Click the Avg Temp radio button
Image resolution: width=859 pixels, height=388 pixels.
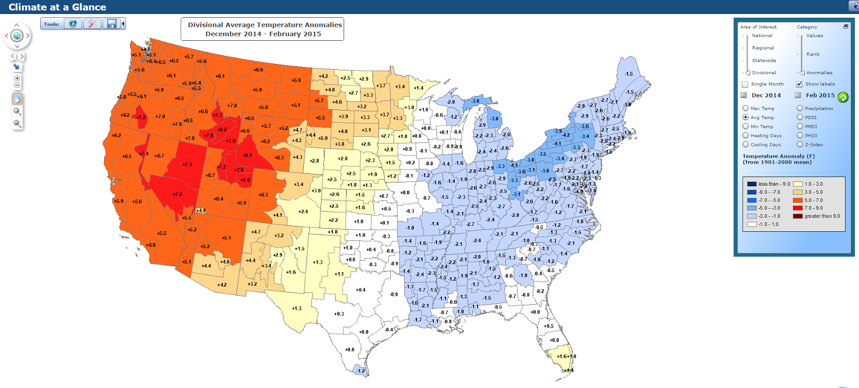click(x=746, y=117)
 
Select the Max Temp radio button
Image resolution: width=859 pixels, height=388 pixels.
click(x=746, y=108)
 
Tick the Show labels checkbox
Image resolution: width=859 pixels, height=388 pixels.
click(x=799, y=84)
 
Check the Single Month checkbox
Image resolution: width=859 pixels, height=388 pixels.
click(x=745, y=84)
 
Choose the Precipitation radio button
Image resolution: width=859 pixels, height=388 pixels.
click(x=800, y=108)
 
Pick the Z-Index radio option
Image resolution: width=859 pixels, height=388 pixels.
click(x=800, y=144)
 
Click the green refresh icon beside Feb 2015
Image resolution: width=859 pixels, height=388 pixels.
click(x=843, y=97)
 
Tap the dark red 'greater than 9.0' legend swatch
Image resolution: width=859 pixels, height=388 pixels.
click(x=798, y=216)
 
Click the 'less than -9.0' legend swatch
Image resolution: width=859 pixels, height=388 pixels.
click(x=752, y=184)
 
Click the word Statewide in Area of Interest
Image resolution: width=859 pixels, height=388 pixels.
click(x=763, y=60)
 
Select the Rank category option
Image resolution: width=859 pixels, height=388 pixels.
click(x=813, y=54)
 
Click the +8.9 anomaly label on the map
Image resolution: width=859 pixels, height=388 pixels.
click(x=245, y=180)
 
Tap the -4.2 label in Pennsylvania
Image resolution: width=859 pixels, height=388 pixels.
click(x=566, y=135)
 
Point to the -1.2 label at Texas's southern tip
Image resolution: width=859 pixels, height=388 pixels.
click(x=360, y=370)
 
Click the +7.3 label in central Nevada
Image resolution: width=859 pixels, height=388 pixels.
click(x=187, y=164)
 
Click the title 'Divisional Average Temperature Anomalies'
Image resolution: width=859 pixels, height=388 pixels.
click(x=265, y=25)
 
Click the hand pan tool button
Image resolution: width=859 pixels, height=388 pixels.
click(x=17, y=99)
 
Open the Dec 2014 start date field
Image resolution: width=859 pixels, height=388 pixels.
click(x=766, y=95)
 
